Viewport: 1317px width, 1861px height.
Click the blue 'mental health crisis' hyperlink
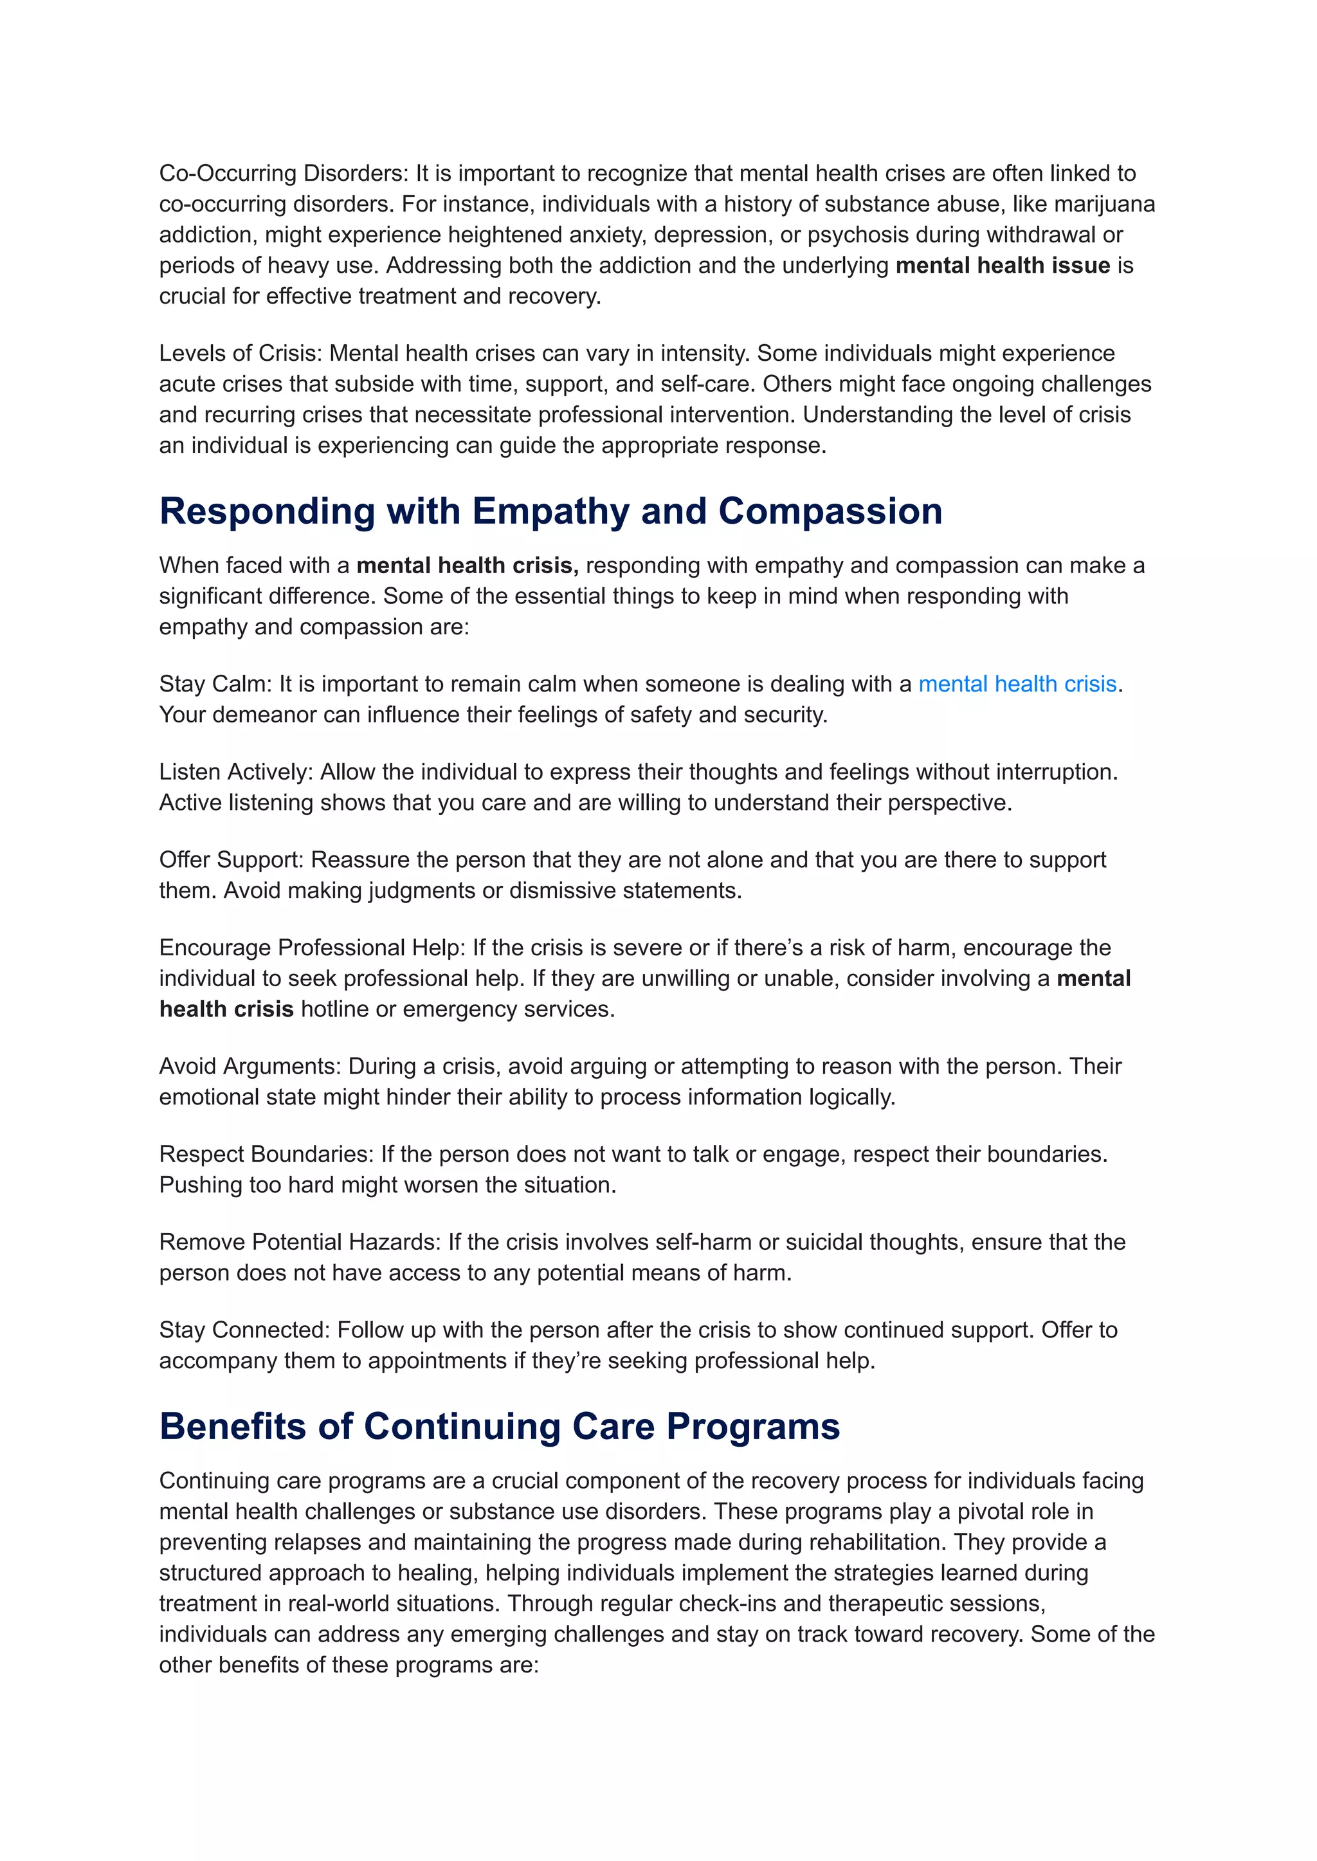[x=1017, y=684]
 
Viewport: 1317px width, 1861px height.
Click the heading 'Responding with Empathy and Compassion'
[x=550, y=512]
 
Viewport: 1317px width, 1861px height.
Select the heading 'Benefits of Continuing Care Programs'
[x=499, y=1427]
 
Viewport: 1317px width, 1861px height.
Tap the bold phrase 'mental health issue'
[x=1003, y=265]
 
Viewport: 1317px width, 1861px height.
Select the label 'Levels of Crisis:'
[x=241, y=353]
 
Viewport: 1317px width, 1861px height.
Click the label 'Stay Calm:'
[x=215, y=684]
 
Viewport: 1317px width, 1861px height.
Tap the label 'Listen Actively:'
[x=236, y=771]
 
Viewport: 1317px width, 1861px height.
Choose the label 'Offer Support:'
[x=231, y=860]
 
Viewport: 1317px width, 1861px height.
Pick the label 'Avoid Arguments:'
[x=250, y=1066]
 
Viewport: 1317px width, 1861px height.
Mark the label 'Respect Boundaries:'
[x=266, y=1153]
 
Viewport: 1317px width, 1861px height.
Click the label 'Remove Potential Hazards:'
[x=300, y=1242]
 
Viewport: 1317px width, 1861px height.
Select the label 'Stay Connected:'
[x=244, y=1330]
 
